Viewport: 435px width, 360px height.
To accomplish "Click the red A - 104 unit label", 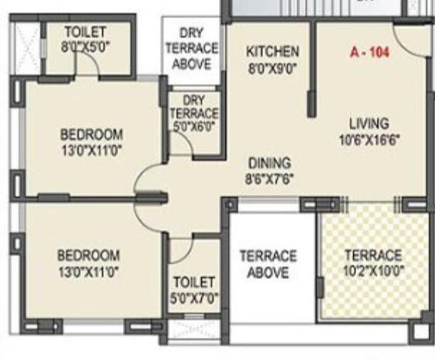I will [370, 52].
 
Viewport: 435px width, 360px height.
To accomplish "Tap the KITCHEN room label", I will [272, 52].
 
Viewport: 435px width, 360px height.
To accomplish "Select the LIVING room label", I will [369, 122].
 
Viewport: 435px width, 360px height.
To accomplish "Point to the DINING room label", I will [269, 163].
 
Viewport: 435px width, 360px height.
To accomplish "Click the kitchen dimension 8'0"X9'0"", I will [272, 69].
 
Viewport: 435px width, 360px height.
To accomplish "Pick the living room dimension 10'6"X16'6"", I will [370, 140].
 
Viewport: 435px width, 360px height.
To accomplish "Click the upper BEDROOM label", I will [91, 133].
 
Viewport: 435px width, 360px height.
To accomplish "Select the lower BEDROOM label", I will [89, 254].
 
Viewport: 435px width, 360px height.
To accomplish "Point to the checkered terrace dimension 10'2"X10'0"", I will [373, 271].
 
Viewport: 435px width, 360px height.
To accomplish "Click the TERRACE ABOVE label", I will [267, 263].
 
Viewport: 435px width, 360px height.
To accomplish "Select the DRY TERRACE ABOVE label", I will [193, 48].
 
